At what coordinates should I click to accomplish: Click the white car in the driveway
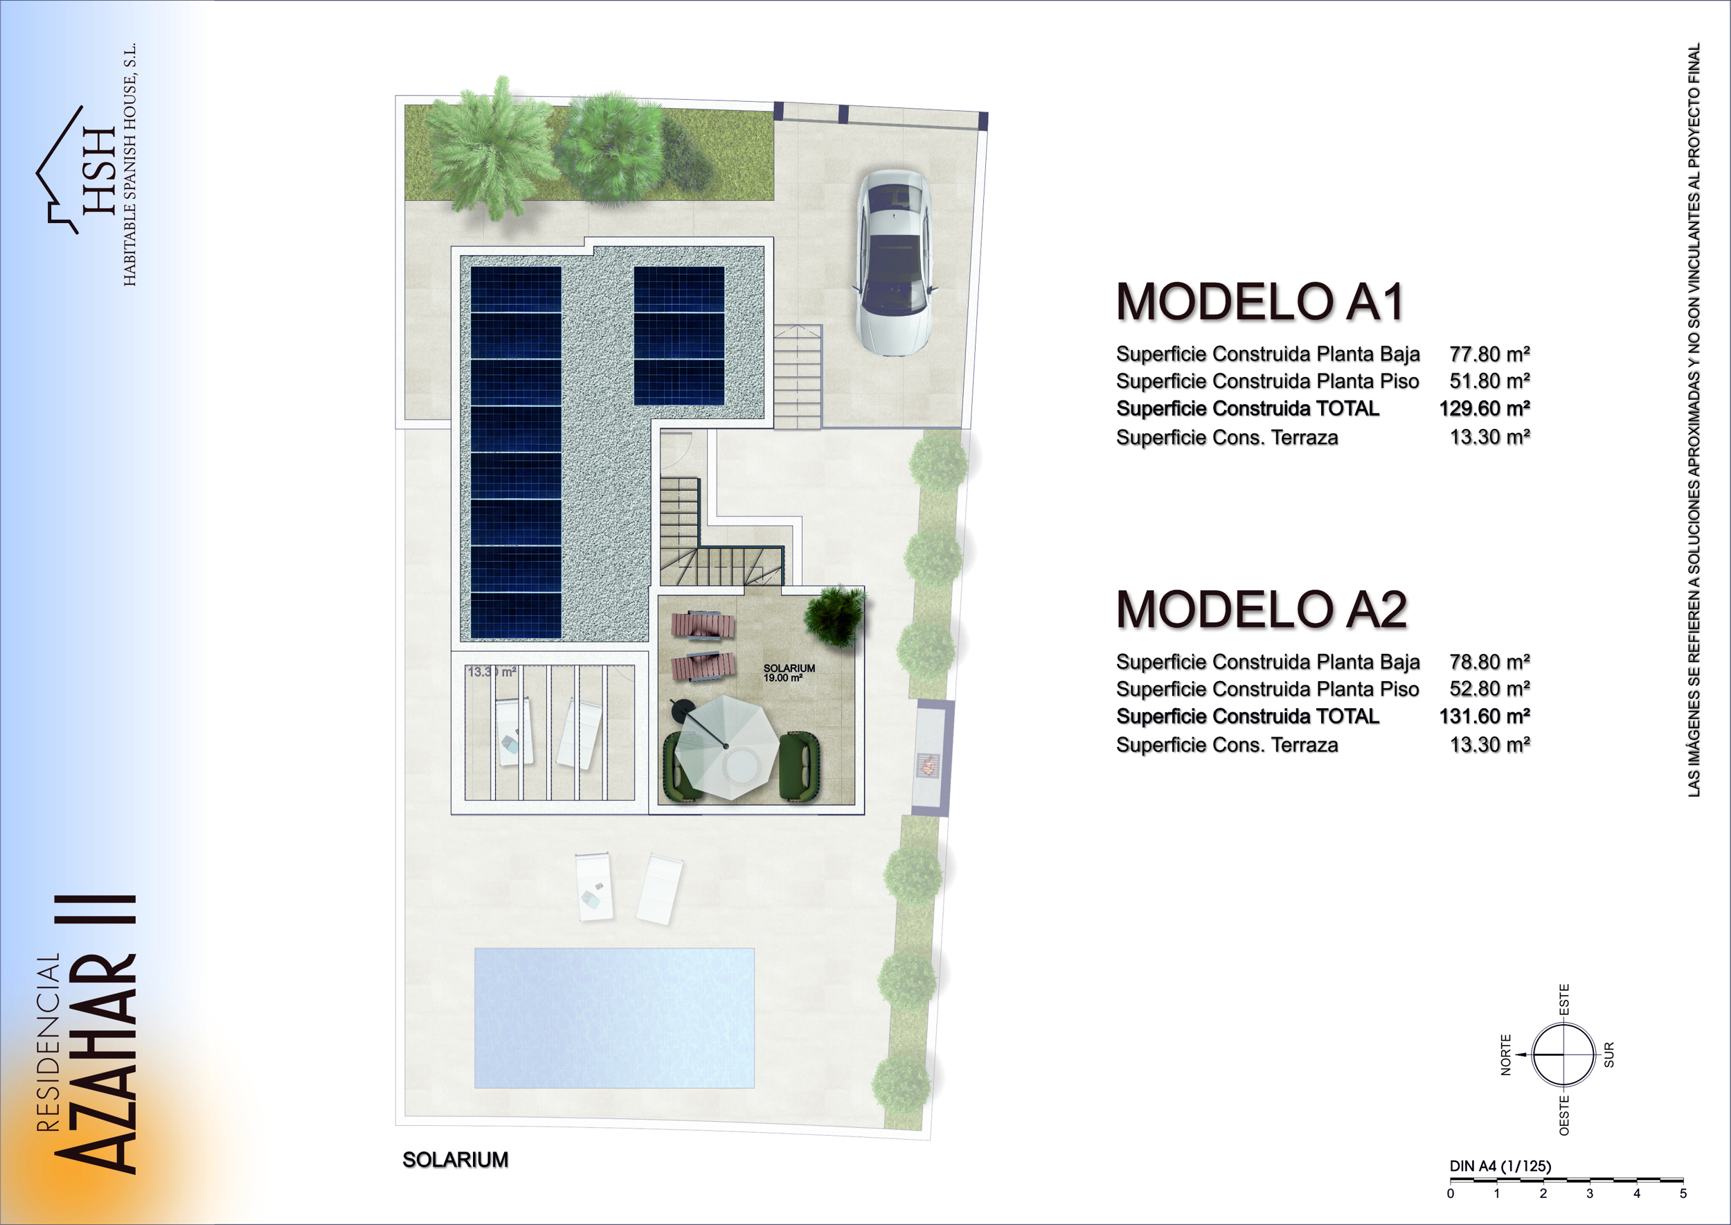click(893, 263)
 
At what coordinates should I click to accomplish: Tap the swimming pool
click(614, 1018)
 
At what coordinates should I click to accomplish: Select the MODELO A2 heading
click(1262, 610)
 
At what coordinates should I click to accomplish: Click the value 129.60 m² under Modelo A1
click(1485, 408)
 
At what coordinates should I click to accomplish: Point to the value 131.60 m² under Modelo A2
click(1485, 716)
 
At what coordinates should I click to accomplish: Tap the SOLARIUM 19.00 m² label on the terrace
click(789, 673)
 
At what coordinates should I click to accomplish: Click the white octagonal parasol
click(725, 746)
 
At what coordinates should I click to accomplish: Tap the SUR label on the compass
click(1608, 1055)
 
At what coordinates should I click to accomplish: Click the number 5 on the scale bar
click(1683, 1193)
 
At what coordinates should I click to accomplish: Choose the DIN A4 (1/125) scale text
click(1500, 1166)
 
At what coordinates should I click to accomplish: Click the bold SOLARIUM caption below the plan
click(456, 1160)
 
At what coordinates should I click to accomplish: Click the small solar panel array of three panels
click(679, 335)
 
